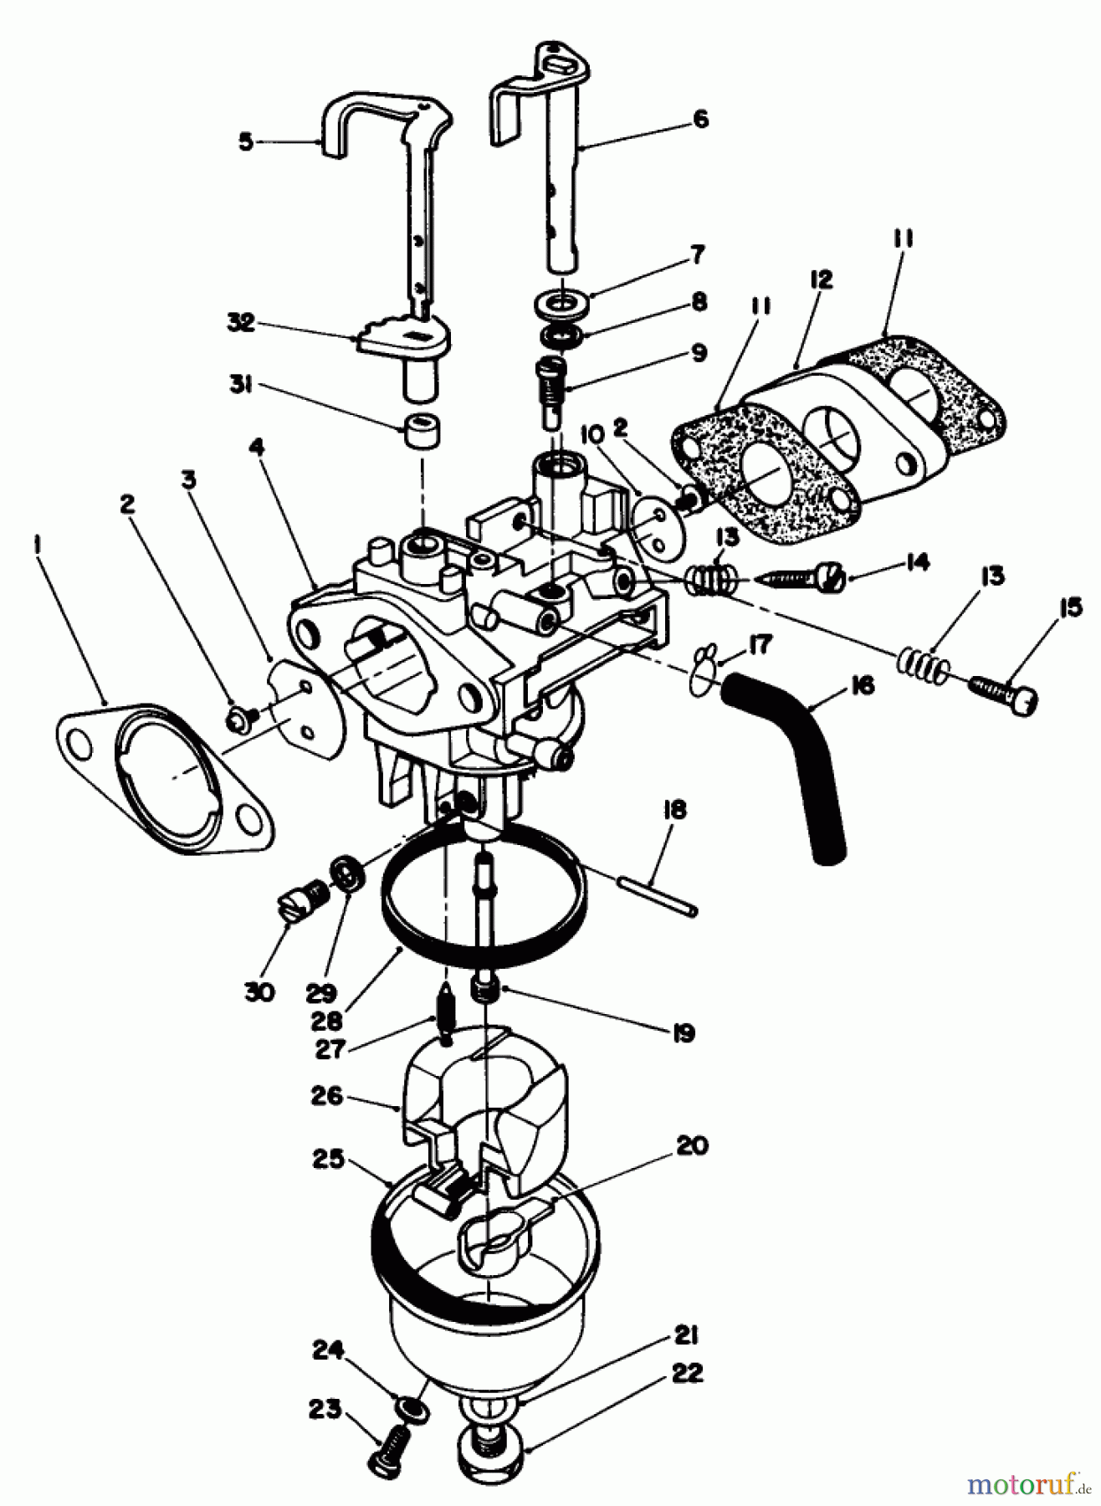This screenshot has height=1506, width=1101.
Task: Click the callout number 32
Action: (x=241, y=324)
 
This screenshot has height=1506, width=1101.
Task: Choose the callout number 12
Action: (x=820, y=280)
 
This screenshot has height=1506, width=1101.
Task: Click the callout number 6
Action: (x=700, y=119)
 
